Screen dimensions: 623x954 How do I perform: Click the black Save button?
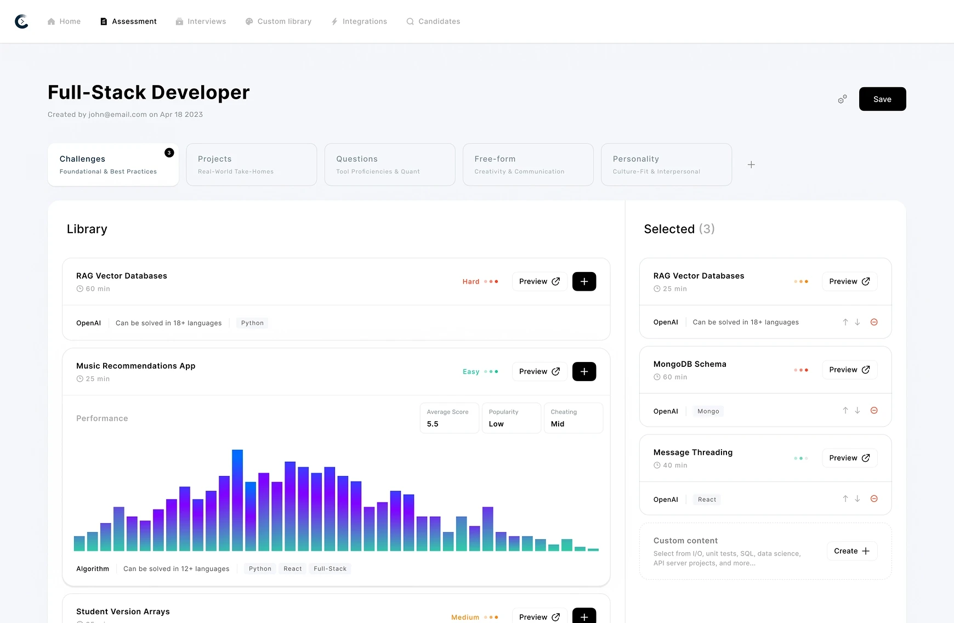[x=882, y=99]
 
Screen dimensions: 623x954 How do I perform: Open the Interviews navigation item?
[x=201, y=21]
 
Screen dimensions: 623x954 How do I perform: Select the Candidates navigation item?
[x=433, y=21]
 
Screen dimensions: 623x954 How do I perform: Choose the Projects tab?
[x=251, y=165]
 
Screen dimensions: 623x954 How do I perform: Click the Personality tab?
[x=666, y=165]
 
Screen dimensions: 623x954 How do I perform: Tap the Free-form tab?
[x=527, y=165]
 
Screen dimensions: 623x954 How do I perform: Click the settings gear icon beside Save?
[x=842, y=99]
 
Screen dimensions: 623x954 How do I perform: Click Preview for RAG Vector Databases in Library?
[x=539, y=281]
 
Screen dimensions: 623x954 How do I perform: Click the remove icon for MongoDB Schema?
[x=874, y=410]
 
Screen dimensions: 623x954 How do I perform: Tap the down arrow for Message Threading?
[x=858, y=499]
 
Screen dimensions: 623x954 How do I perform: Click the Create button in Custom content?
[x=851, y=551]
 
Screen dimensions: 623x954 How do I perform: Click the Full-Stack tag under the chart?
[x=330, y=569]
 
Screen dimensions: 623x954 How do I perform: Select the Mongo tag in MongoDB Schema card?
[x=708, y=411]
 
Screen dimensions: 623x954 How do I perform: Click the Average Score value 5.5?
[x=433, y=424]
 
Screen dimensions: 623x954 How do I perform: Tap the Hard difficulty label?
[x=470, y=281]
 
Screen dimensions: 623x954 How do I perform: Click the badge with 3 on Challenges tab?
[x=169, y=153]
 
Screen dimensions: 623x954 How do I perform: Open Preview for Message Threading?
[x=849, y=458]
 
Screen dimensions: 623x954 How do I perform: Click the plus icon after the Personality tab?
[x=751, y=165]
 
